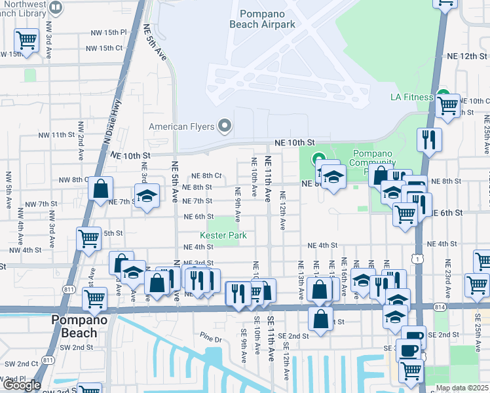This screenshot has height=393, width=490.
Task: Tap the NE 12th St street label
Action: (468, 56)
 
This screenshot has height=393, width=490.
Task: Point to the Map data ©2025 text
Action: (462, 388)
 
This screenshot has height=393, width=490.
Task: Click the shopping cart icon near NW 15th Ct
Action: (27, 40)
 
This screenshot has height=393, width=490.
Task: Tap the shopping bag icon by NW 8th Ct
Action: (100, 189)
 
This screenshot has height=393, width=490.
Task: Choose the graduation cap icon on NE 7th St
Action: (147, 195)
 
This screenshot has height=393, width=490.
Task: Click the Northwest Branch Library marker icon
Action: (56, 8)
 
